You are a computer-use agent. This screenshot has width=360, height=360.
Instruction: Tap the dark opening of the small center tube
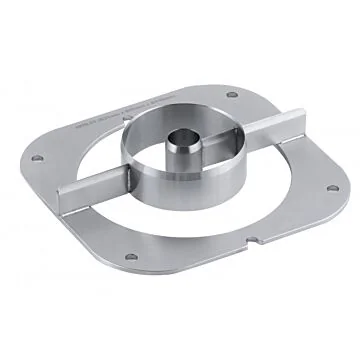(x=182, y=137)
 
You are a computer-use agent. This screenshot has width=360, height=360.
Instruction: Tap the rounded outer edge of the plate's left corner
(x=22, y=160)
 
